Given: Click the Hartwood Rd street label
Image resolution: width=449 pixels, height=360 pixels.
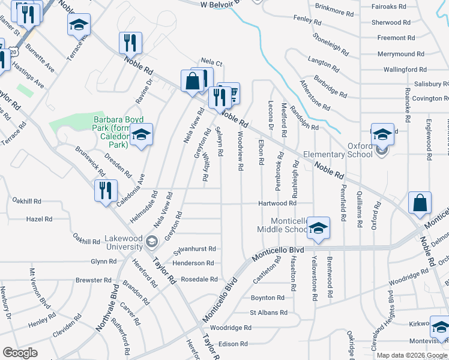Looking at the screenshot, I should pyautogui.click(x=277, y=203).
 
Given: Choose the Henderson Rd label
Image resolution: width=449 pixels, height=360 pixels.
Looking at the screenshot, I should pyautogui.click(x=193, y=263).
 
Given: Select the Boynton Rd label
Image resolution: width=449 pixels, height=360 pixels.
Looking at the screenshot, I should pyautogui.click(x=267, y=298).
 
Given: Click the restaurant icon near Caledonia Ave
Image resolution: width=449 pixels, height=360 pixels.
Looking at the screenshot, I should pyautogui.click(x=106, y=191).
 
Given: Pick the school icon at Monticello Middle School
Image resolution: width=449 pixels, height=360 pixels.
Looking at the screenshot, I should pyautogui.click(x=319, y=228).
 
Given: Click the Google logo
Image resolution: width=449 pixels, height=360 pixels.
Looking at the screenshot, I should pyautogui.click(x=20, y=352).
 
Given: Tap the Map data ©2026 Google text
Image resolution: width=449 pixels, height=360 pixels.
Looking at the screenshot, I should pyautogui.click(x=412, y=355).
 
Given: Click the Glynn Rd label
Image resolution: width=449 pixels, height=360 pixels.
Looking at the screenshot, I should pyautogui.click(x=103, y=262).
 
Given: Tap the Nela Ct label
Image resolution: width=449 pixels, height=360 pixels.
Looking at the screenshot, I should pyautogui.click(x=211, y=62).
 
